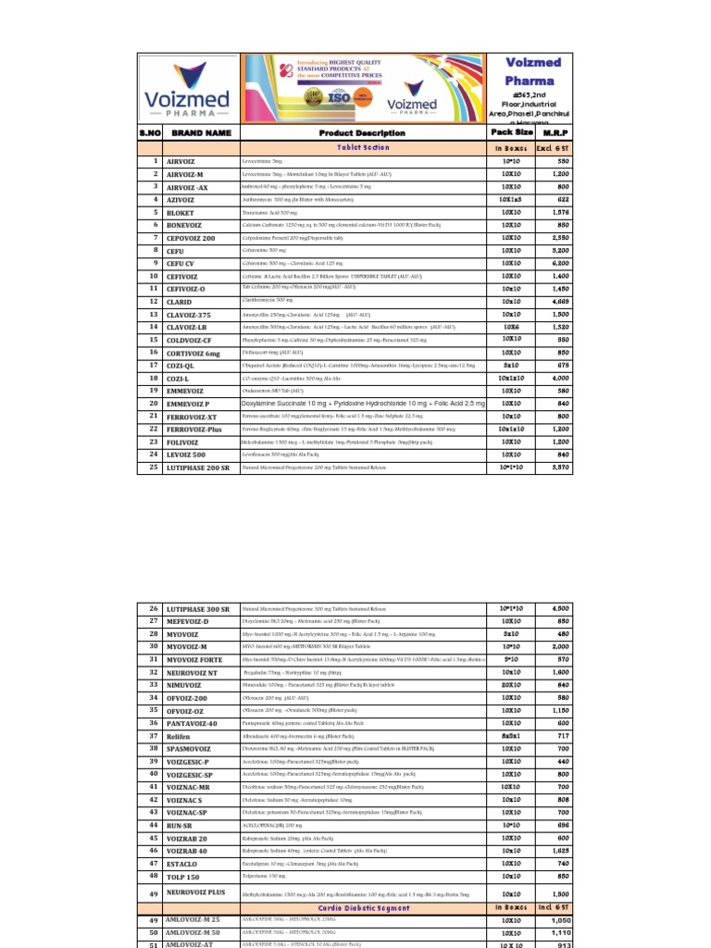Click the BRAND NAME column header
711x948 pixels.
199,133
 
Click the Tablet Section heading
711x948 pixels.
363,147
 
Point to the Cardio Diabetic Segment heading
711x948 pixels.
362,909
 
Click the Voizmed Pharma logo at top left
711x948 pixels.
188,91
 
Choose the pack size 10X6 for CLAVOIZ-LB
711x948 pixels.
510,327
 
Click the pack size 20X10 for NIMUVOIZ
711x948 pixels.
510,684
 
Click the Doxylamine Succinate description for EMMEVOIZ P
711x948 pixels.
362,404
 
